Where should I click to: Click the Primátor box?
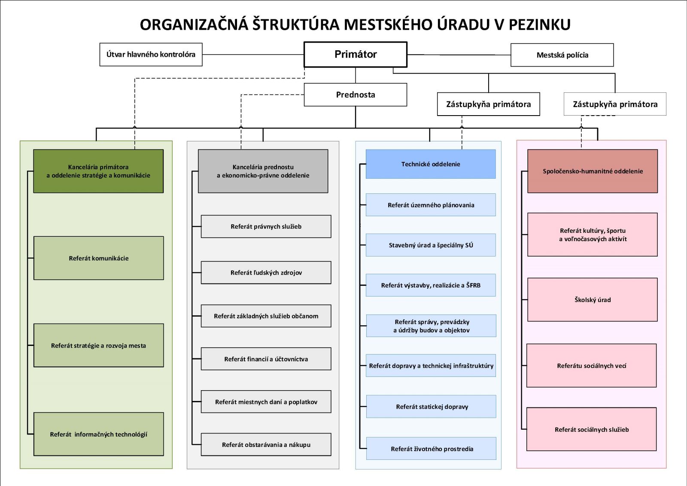[356, 54]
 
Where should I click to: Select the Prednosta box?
[356, 95]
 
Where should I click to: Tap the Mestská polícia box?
[562, 55]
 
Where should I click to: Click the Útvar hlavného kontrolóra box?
[151, 54]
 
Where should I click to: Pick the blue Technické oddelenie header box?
[431, 164]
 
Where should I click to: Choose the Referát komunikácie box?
[98, 258]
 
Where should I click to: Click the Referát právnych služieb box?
[266, 226]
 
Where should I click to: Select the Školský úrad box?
[593, 300]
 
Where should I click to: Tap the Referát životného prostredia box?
[431, 449]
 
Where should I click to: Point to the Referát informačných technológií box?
[98, 434]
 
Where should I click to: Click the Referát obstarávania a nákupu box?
[266, 445]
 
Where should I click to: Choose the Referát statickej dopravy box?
[431, 407]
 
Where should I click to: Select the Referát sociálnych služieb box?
[592, 429]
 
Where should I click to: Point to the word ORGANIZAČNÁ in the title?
[194, 24]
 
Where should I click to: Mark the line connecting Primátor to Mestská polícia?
[459, 55]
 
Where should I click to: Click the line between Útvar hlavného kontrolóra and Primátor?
[253, 54]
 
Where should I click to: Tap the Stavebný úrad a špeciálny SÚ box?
[431, 245]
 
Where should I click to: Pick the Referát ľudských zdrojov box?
[266, 272]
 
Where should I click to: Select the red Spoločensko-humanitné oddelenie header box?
[593, 171]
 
